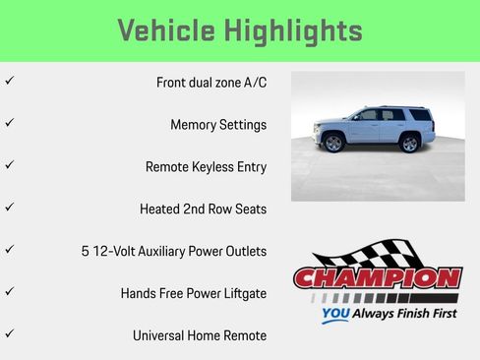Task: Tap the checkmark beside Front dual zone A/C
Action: (9, 80)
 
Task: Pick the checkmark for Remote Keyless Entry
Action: (9, 164)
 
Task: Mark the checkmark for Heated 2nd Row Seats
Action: (9, 207)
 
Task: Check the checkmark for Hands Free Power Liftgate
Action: (9, 291)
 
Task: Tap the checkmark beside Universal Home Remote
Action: (9, 333)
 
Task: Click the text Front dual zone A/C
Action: (210, 83)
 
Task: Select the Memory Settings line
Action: (217, 125)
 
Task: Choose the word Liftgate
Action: (243, 294)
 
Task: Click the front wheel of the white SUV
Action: (332, 144)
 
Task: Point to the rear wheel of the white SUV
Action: (410, 144)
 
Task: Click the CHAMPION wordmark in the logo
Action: (378, 278)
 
